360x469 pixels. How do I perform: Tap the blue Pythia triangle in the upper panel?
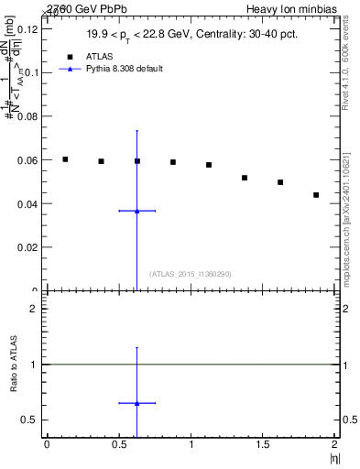click(x=136, y=211)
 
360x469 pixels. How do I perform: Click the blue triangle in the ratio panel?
click(x=136, y=402)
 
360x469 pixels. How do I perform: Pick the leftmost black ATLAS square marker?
click(x=65, y=159)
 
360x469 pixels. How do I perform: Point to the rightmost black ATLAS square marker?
click(x=316, y=195)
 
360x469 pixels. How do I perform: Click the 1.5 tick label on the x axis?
click(x=263, y=444)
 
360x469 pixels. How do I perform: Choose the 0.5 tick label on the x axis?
click(x=118, y=444)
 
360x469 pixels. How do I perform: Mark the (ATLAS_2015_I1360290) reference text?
click(x=190, y=274)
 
